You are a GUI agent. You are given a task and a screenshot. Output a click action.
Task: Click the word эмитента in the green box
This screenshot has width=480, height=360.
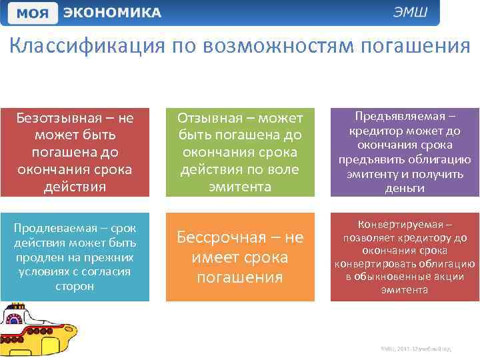(240, 187)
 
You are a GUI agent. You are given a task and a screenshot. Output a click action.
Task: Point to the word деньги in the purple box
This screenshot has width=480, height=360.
(405, 189)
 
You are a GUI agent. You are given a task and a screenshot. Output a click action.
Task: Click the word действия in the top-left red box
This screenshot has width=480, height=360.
(75, 187)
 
